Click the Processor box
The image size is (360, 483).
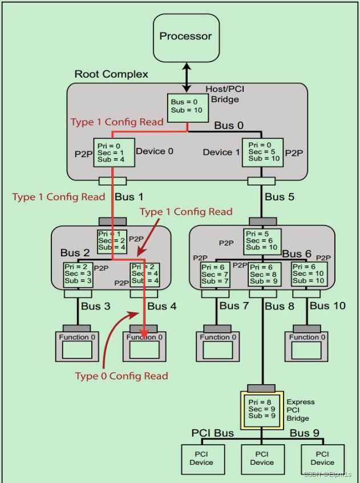pos(185,37)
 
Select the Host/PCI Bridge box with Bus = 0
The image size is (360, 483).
pos(185,106)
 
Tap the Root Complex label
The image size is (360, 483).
pos(111,74)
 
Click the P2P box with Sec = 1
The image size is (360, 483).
pos(113,152)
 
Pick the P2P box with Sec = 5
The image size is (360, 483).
pos(262,152)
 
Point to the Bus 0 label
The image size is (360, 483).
pos(230,126)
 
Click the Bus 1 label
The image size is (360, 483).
pos(130,197)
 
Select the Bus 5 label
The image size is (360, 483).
pos(280,197)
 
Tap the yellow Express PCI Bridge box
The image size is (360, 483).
pos(262,409)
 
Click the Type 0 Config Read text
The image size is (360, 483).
pos(122,376)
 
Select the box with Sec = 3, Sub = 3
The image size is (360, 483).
pos(78,274)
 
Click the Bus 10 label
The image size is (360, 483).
pos(327,306)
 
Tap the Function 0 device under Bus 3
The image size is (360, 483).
pos(77,346)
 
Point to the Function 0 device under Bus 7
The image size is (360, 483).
pos(218,346)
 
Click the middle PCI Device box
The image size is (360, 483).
pos(262,458)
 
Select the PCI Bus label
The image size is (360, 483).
pos(212,433)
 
